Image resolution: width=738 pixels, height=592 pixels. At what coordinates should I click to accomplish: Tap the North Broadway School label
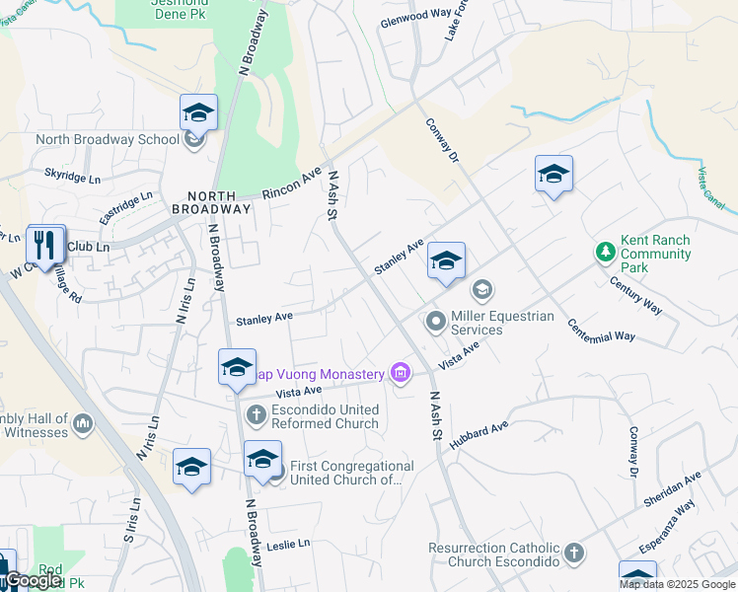pyautogui.click(x=108, y=139)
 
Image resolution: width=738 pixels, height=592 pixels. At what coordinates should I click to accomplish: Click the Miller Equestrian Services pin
pyautogui.click(x=435, y=322)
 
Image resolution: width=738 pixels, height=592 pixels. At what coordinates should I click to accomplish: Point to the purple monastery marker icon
pyautogui.click(x=400, y=373)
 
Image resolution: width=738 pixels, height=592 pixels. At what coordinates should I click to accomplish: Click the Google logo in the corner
pyautogui.click(x=34, y=580)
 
